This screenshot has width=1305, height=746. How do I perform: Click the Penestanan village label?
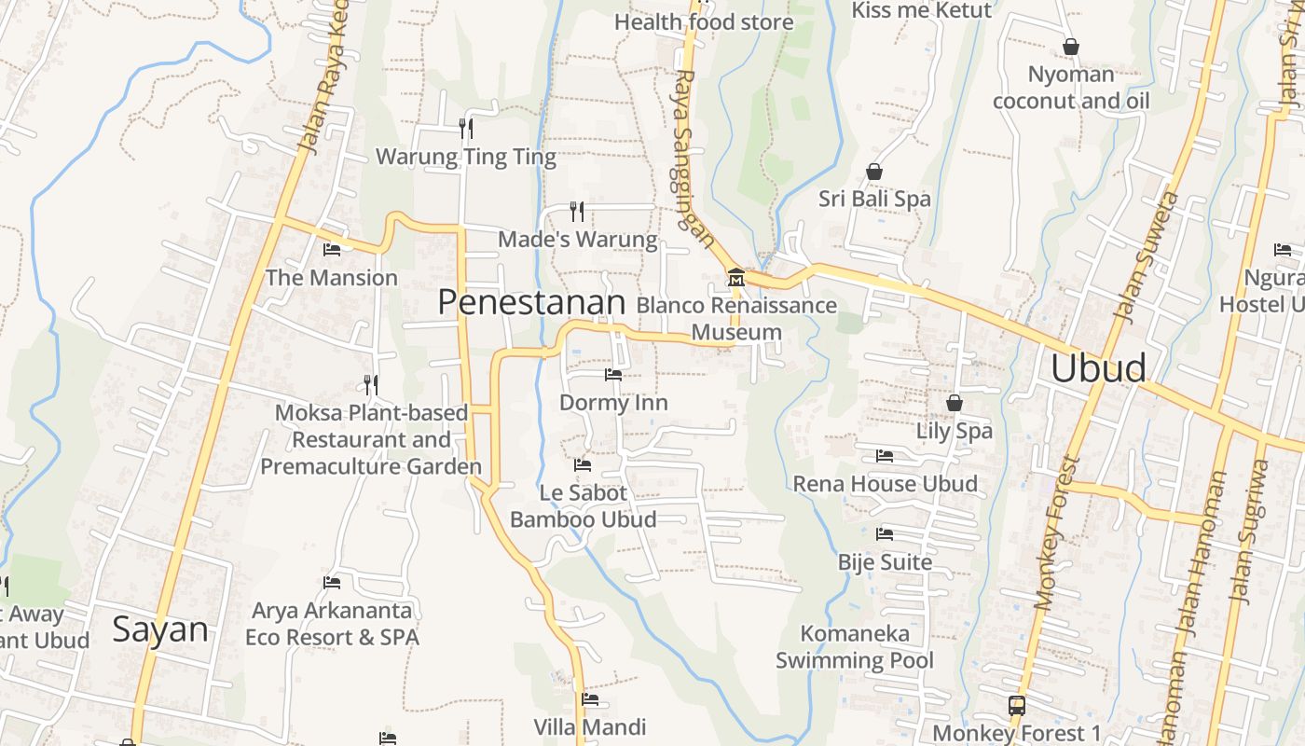pos(531,302)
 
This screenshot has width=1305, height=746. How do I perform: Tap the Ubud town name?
pos(1098,368)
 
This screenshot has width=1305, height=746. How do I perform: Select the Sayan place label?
pos(160,629)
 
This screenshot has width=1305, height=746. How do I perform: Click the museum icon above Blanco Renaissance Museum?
pos(735,277)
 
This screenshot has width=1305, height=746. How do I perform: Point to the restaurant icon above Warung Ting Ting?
pos(466,128)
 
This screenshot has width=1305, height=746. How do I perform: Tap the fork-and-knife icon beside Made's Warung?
pos(577,212)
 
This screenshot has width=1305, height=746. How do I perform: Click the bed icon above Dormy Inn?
pos(612,375)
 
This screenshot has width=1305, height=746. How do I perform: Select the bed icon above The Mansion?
pos(331,249)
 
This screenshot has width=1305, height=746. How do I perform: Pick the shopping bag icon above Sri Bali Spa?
pos(874,172)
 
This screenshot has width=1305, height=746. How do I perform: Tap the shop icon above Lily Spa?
pos(954,403)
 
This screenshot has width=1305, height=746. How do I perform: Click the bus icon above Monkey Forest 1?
pos(1016,706)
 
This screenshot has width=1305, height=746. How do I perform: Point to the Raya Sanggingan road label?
pos(694,159)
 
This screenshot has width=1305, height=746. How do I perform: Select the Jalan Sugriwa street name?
pos(1250,532)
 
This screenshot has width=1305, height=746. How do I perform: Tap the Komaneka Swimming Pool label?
pos(855,647)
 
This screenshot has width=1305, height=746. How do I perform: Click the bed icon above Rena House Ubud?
pos(885,456)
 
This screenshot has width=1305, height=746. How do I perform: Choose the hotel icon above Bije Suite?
pos(885,534)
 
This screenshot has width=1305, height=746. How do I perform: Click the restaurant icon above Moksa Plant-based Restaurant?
pos(371,384)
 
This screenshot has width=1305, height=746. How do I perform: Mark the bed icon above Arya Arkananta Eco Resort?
pos(331,583)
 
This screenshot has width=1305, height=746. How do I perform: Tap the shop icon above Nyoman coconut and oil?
pos(1071,47)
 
